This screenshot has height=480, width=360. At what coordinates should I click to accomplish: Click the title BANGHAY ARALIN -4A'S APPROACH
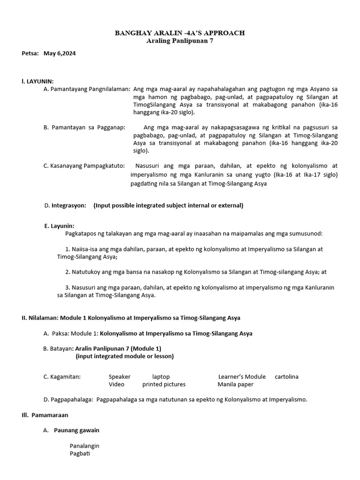[x=180, y=33]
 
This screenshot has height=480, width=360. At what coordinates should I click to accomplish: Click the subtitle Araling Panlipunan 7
[x=180, y=41]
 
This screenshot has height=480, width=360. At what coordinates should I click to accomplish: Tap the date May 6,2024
[x=60, y=53]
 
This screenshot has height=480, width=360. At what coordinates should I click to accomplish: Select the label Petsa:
[x=30, y=53]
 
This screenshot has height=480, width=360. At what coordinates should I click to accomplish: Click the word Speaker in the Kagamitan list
[x=120, y=377]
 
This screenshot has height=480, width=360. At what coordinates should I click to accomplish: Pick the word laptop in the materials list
[x=161, y=377]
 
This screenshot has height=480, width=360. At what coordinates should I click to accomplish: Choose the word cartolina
[x=286, y=377]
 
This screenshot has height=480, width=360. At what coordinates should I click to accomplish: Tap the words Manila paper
[x=235, y=384]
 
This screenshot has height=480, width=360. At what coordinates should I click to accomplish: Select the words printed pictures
[x=164, y=384]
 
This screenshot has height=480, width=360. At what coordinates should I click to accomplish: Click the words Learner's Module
[x=242, y=377]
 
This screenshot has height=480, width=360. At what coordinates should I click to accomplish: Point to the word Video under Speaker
[x=117, y=384]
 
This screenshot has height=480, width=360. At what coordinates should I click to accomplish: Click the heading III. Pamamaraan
[x=45, y=415]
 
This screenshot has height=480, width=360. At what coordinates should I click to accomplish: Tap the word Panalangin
[x=84, y=446]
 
